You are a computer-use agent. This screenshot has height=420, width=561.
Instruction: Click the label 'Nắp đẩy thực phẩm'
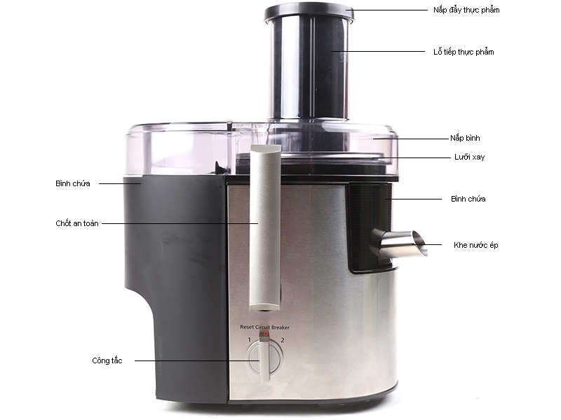[x=466, y=10]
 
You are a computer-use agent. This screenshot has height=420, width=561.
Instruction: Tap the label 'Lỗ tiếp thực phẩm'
[x=464, y=52]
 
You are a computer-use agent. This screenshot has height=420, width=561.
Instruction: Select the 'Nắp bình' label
[x=465, y=138]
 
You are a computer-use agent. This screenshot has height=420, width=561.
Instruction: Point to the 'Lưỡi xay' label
[x=469, y=157]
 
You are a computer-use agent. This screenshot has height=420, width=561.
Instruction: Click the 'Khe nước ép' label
[x=475, y=246]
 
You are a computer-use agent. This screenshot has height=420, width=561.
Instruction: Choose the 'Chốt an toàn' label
[x=77, y=223]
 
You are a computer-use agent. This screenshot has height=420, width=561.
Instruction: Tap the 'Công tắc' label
[x=107, y=360]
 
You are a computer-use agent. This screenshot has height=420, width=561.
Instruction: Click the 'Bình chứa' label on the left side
[x=73, y=183]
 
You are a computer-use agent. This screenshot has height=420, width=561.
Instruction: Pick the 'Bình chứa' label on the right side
[x=468, y=199]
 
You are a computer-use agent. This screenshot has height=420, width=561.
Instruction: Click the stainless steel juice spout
[x=399, y=244]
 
